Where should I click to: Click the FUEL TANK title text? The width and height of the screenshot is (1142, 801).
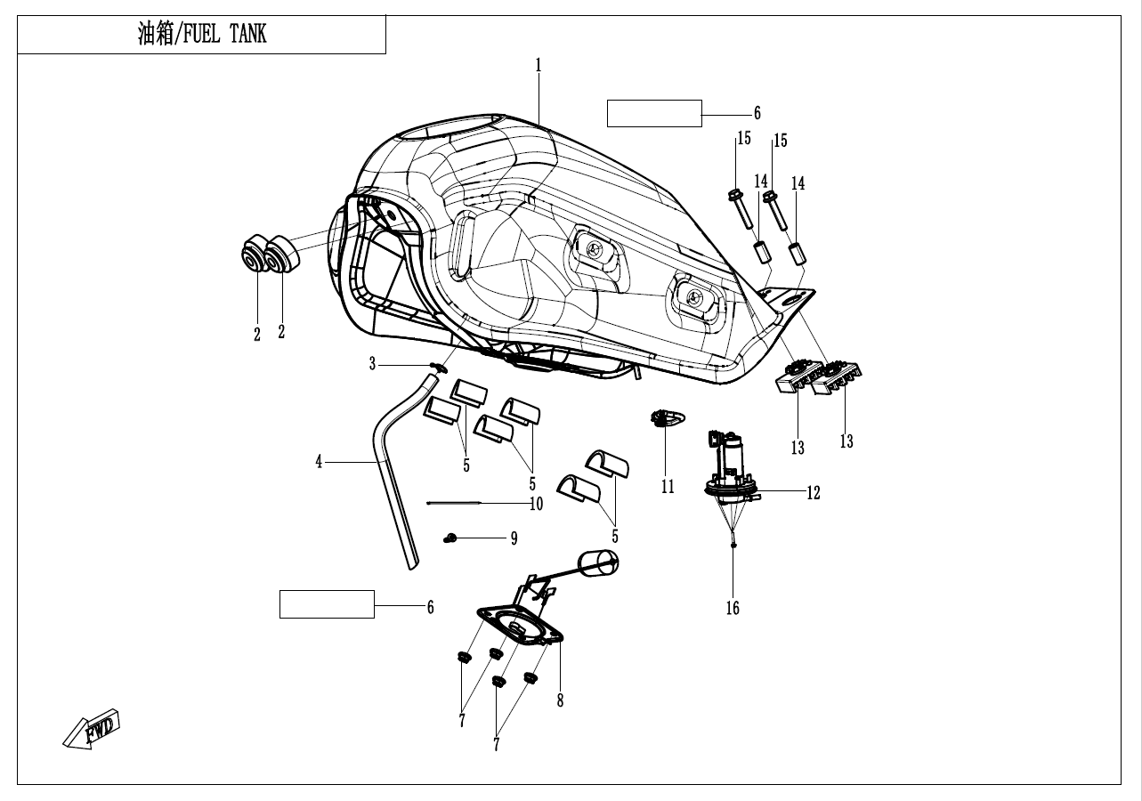point(202,35)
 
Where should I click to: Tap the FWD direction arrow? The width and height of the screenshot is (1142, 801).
point(92,731)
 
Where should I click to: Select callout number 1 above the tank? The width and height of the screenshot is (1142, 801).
point(539,65)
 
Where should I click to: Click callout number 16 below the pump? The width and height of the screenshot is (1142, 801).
point(733,609)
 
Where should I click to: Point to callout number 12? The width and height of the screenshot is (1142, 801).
point(814,492)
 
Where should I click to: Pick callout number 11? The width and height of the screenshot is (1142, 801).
point(668,487)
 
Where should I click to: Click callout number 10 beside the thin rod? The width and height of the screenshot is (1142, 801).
point(536,504)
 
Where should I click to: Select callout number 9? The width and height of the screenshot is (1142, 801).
point(514,538)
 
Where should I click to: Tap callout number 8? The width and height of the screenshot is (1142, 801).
point(560,700)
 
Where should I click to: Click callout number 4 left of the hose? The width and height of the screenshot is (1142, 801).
point(319,462)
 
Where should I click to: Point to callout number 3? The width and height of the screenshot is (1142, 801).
point(374,362)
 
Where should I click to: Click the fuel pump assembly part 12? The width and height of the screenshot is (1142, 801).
point(731,467)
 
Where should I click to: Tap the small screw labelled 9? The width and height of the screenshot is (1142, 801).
point(450,538)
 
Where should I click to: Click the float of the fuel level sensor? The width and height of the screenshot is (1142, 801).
point(598,561)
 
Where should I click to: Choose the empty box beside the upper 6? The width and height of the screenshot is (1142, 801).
point(654,114)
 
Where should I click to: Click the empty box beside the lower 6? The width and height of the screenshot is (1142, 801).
point(327,603)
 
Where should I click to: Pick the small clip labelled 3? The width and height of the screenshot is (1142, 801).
point(437,367)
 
